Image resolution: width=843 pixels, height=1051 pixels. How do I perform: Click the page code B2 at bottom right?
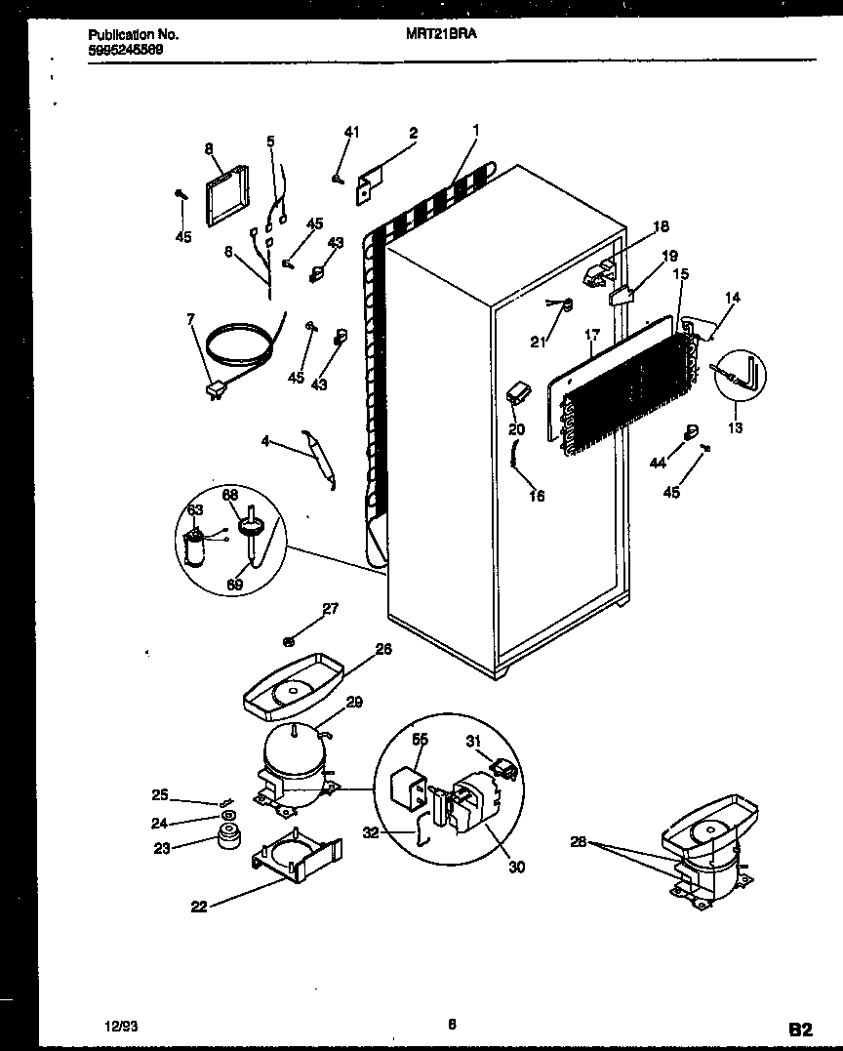coord(799,1028)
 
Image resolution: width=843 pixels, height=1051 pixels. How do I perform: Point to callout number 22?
coord(198,908)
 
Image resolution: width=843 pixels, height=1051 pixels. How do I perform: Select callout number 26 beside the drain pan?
coord(383,648)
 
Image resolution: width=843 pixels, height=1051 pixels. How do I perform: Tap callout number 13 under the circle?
coord(735,427)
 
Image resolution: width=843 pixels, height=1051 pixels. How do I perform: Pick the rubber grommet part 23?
coord(229,836)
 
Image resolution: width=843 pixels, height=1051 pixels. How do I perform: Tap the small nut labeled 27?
coord(290,641)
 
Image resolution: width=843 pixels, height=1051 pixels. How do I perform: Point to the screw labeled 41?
coord(338,178)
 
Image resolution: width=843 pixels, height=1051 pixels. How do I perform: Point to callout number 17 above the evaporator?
coord(591,336)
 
